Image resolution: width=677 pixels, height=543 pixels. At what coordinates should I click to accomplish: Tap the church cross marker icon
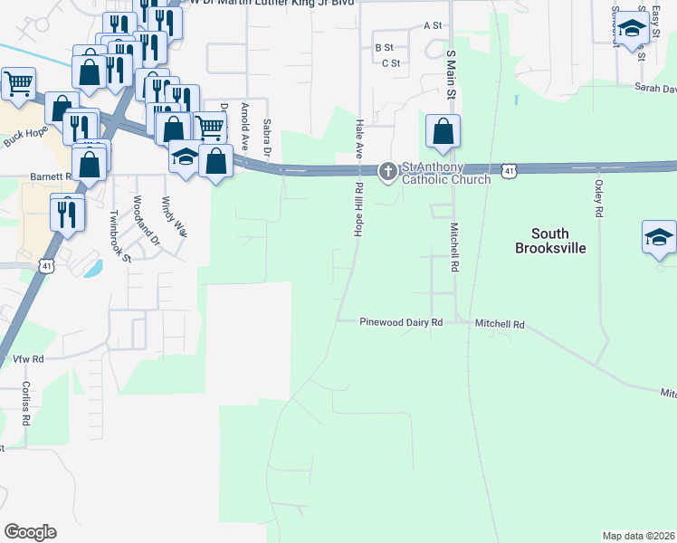[388, 171]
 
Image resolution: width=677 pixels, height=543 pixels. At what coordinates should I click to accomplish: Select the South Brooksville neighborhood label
[550, 240]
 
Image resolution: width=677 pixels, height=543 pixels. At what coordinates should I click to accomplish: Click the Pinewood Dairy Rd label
[400, 322]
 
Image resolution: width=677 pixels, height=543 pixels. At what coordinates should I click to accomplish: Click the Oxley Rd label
[598, 198]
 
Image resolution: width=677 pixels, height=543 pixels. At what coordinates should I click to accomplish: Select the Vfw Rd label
[28, 359]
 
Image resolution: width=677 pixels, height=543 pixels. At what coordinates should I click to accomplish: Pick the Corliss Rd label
[26, 404]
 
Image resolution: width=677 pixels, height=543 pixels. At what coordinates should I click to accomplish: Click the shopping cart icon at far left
[18, 84]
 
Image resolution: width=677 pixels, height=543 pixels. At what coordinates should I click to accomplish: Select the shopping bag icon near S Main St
[443, 131]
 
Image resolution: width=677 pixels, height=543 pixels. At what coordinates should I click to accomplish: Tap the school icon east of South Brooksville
[659, 237]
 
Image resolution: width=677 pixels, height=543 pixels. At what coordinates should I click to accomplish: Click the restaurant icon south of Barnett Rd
[67, 212]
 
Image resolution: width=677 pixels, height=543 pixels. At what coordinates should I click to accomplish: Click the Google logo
[30, 532]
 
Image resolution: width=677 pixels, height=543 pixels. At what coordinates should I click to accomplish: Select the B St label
[384, 47]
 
